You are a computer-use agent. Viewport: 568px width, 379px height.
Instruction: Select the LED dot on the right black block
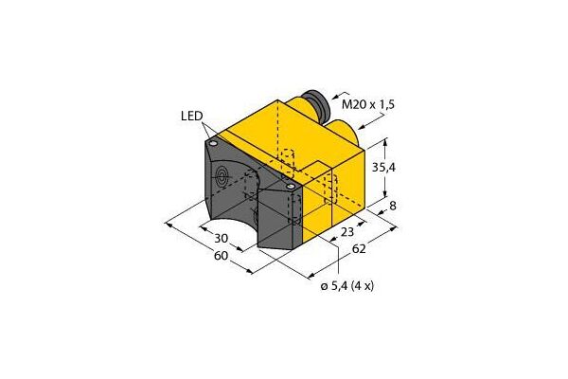(290, 186)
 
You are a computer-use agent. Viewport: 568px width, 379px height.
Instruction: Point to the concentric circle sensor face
(223, 176)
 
